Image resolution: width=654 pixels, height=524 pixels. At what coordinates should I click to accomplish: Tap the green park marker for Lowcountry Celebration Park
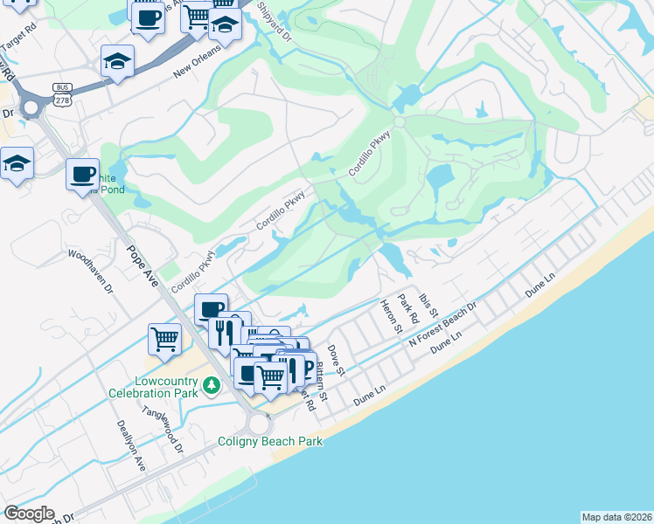click(x=211, y=384)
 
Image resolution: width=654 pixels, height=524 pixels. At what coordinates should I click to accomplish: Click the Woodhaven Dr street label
click(x=91, y=272)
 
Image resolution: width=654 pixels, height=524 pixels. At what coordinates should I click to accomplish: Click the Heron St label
click(x=390, y=316)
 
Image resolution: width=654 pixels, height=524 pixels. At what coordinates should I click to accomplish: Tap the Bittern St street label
click(x=322, y=383)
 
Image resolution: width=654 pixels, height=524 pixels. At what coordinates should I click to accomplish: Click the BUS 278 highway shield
click(x=61, y=95)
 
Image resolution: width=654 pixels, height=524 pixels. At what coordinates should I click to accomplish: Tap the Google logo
click(x=29, y=514)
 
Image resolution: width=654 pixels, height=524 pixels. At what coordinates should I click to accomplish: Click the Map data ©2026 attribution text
click(x=616, y=517)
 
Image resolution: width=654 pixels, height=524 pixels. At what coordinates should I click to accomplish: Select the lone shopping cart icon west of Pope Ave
click(x=165, y=340)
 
